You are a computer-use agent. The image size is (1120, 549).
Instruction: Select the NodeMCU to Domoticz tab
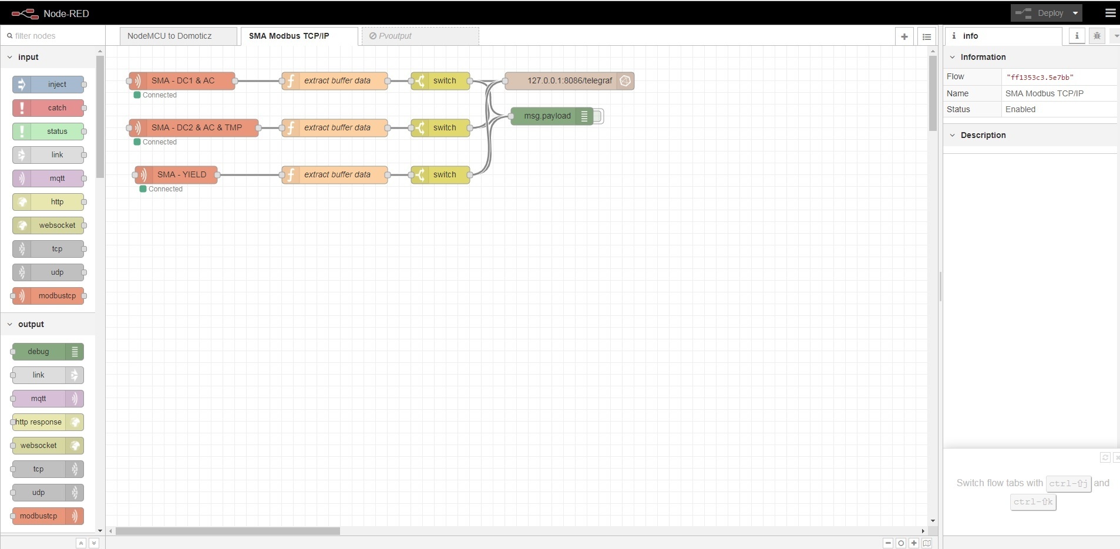coord(170,36)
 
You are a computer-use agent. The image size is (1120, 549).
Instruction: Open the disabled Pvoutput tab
coord(420,36)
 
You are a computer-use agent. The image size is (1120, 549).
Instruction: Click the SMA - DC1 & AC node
coord(183,80)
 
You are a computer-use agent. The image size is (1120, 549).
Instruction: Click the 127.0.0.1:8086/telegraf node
coord(569,80)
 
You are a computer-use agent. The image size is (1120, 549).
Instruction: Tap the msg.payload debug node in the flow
coord(547,116)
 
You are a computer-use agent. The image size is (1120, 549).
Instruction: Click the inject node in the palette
coord(56,85)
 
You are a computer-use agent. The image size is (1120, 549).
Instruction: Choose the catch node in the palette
coord(56,108)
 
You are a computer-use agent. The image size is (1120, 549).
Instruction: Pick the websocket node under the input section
coord(56,225)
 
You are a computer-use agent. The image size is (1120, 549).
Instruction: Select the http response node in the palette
coord(39,422)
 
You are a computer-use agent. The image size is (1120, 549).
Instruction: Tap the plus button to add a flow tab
coord(904,36)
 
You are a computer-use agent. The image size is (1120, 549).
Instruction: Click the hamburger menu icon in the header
coord(1110,13)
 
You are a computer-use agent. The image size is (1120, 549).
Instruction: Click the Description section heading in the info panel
coord(983,135)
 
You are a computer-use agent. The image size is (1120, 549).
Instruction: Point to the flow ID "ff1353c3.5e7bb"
coord(1040,77)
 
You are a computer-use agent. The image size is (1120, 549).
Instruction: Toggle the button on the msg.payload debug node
coord(598,116)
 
